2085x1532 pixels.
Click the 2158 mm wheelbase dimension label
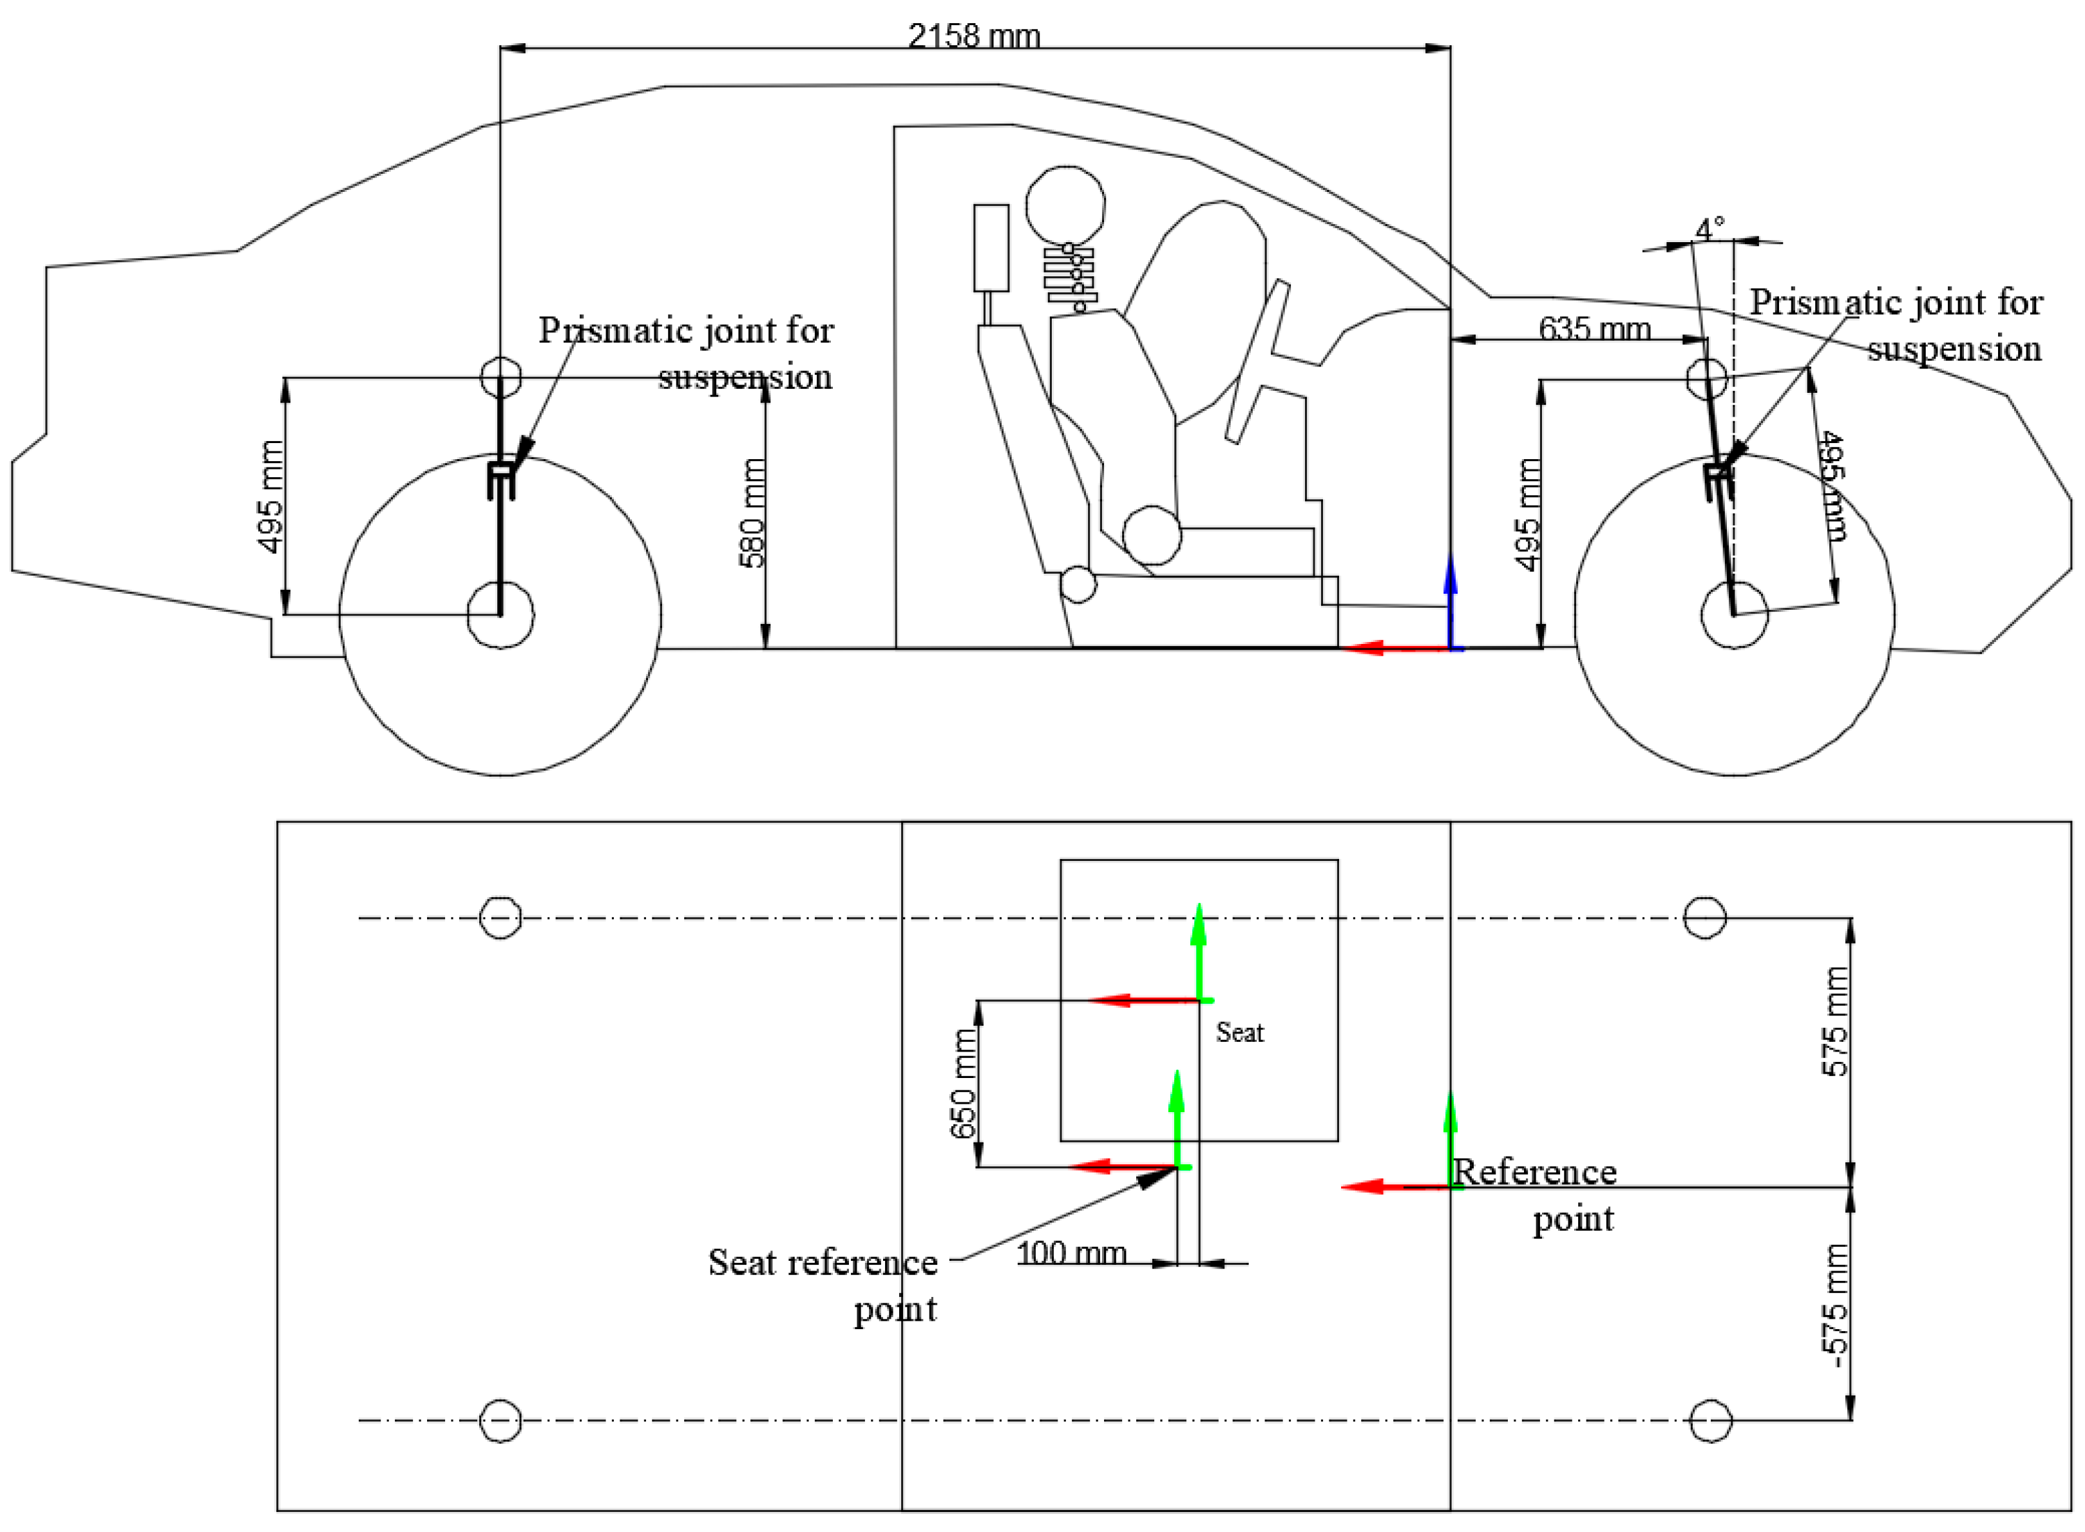973,35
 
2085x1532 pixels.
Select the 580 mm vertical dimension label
752,512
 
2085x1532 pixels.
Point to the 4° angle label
1709,228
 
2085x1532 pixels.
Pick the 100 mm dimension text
1071,1253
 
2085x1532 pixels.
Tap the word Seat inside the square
1239,1032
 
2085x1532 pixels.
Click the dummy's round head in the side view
1065,205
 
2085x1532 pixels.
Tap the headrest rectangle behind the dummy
991,247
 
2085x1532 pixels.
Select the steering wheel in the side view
1257,362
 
